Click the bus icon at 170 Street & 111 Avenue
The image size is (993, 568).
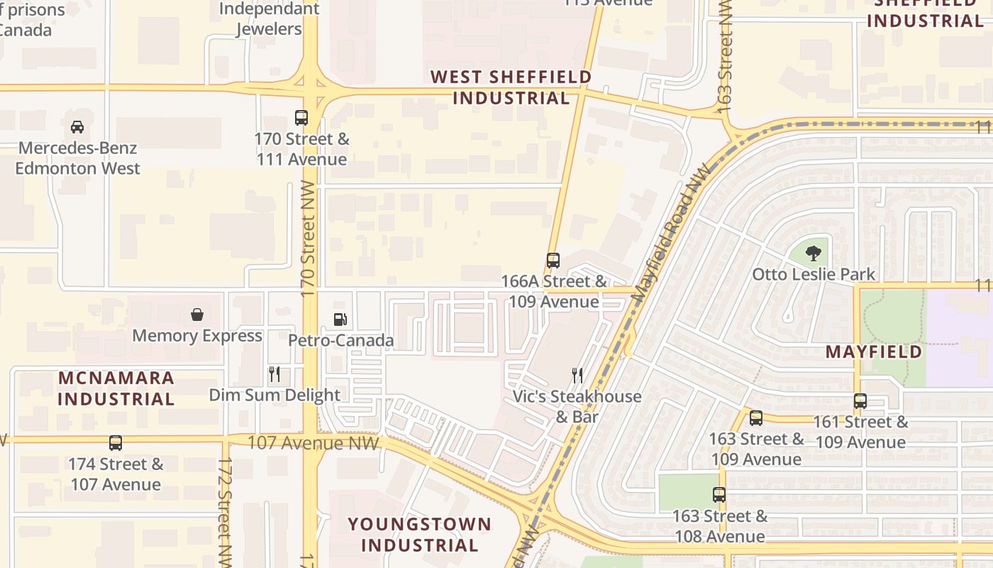click(x=301, y=118)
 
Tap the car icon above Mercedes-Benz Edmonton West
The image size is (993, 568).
click(x=77, y=127)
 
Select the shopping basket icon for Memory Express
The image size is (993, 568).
click(x=197, y=315)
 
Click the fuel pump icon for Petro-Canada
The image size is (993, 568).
click(x=340, y=320)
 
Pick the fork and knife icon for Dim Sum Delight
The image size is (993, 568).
click(x=274, y=374)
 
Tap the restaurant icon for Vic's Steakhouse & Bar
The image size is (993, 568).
click(x=578, y=375)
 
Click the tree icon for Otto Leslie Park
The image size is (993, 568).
click(x=814, y=253)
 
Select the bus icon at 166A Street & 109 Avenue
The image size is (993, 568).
click(x=553, y=261)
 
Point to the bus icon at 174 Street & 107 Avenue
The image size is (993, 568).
click(x=116, y=443)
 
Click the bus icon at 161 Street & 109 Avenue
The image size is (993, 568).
click(x=860, y=401)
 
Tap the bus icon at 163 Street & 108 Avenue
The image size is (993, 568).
click(x=719, y=495)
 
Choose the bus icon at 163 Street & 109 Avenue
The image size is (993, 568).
click(x=756, y=418)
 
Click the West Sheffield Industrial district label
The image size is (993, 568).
click(x=511, y=87)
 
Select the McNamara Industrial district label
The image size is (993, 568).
click(x=116, y=388)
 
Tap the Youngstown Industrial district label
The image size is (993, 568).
click(x=419, y=535)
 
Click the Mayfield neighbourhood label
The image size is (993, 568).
click(x=873, y=352)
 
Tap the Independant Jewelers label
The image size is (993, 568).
click(x=269, y=19)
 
